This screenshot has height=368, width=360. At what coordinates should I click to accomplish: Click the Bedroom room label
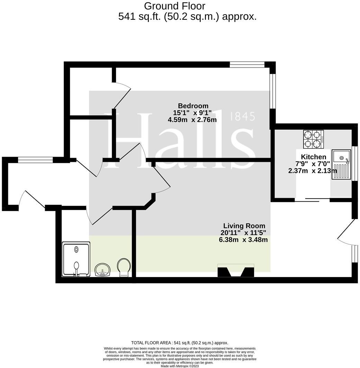tap(193, 106)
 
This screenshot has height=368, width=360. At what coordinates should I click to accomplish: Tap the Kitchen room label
tap(313, 157)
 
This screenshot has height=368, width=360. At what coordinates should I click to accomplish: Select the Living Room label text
tap(244, 226)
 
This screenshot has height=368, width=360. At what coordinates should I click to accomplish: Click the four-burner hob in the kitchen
tap(313, 139)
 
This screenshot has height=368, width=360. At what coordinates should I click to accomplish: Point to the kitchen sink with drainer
tap(341, 164)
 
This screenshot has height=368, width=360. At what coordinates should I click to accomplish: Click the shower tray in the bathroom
tap(76, 259)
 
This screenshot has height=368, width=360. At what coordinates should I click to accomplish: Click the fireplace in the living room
tap(235, 271)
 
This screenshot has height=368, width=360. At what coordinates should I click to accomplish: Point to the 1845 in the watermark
tap(242, 117)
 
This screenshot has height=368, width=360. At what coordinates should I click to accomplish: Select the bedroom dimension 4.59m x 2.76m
tap(192, 120)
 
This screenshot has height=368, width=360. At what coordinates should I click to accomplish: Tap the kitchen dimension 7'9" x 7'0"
tap(313, 164)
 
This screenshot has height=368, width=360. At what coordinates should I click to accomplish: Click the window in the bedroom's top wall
tap(247, 64)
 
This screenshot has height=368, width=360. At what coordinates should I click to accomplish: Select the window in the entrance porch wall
tap(35, 160)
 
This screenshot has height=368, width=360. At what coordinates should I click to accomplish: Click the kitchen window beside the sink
tap(354, 163)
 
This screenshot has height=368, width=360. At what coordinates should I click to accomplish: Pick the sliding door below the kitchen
tap(312, 200)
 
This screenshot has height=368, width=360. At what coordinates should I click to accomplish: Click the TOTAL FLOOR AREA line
tap(180, 343)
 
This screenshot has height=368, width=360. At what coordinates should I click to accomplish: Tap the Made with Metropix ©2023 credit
tap(180, 366)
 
